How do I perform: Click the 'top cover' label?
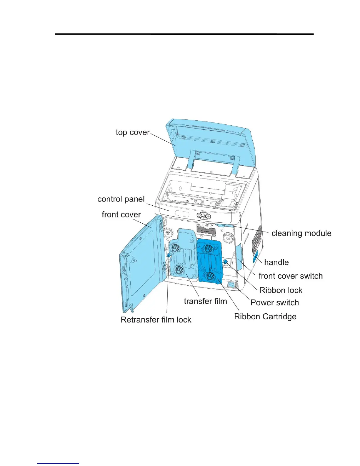[x=133, y=132]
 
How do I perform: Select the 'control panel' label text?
[x=121, y=199]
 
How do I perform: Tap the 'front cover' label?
[x=121, y=214]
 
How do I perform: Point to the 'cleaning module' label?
[x=301, y=233]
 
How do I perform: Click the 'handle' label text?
[x=276, y=262]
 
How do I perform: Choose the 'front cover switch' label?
[x=291, y=276]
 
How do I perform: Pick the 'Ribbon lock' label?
[x=281, y=290]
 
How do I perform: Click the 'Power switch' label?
[x=274, y=302]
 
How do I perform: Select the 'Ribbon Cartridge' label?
[x=265, y=317]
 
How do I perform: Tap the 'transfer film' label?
[x=205, y=301]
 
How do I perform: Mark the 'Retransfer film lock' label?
[x=156, y=320]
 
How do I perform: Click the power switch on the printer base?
[x=231, y=285]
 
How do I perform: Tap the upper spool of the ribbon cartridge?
[x=209, y=248]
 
